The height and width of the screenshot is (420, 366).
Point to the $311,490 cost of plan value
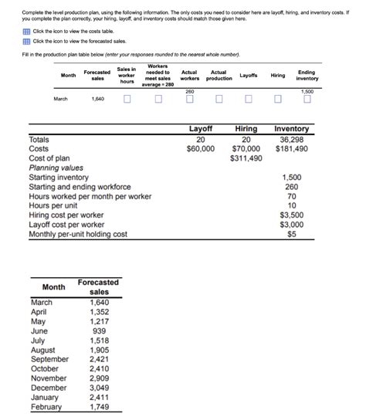[x=246, y=157]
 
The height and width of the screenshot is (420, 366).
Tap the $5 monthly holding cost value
[x=291, y=234]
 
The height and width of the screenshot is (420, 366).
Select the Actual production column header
[x=219, y=75]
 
